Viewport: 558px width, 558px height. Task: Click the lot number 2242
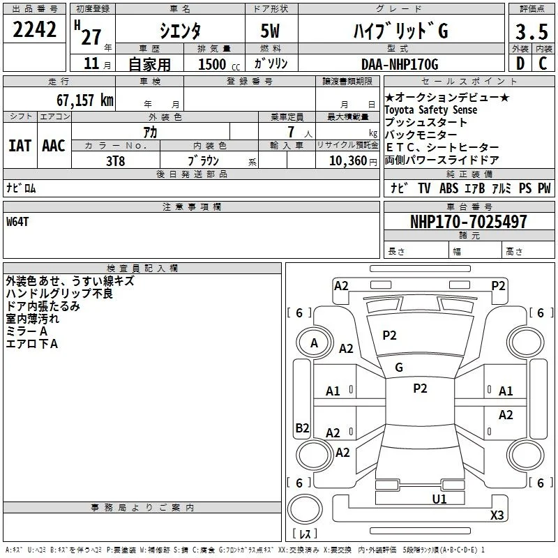tap(34, 29)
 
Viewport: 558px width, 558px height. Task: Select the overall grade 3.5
tap(531, 31)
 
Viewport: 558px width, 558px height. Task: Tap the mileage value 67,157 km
tap(85, 100)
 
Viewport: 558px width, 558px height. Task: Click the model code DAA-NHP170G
tap(400, 64)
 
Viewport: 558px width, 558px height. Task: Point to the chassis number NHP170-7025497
tap(468, 222)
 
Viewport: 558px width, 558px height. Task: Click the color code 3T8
tap(115, 161)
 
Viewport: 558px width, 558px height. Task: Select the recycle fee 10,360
tap(348, 161)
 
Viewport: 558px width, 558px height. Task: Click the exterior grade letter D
tap(520, 63)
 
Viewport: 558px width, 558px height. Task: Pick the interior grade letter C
tap(543, 63)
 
